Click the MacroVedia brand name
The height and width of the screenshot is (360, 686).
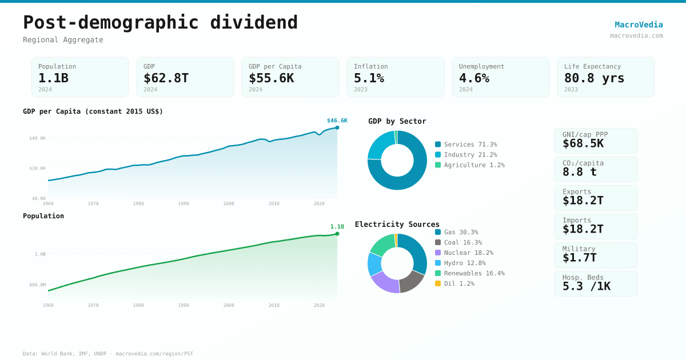click(x=639, y=25)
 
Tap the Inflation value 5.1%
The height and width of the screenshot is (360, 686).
click(x=369, y=78)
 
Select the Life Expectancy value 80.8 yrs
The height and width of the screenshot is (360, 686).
click(x=594, y=78)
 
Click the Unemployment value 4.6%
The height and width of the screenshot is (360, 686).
click(x=474, y=78)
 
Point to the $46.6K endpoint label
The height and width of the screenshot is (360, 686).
click(x=337, y=121)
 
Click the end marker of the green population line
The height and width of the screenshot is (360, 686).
click(x=337, y=234)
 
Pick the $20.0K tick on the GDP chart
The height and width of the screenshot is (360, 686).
click(x=38, y=168)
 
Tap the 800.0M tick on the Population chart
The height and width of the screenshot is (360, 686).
click(x=38, y=285)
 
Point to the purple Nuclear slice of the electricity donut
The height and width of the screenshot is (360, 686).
click(x=385, y=283)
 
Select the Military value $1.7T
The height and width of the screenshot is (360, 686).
click(x=579, y=258)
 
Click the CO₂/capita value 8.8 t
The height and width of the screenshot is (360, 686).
click(x=579, y=172)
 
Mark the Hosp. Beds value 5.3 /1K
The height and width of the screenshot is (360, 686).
click(x=586, y=286)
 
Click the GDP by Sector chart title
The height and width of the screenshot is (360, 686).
click(x=397, y=121)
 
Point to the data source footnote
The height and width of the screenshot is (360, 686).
click(x=108, y=354)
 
